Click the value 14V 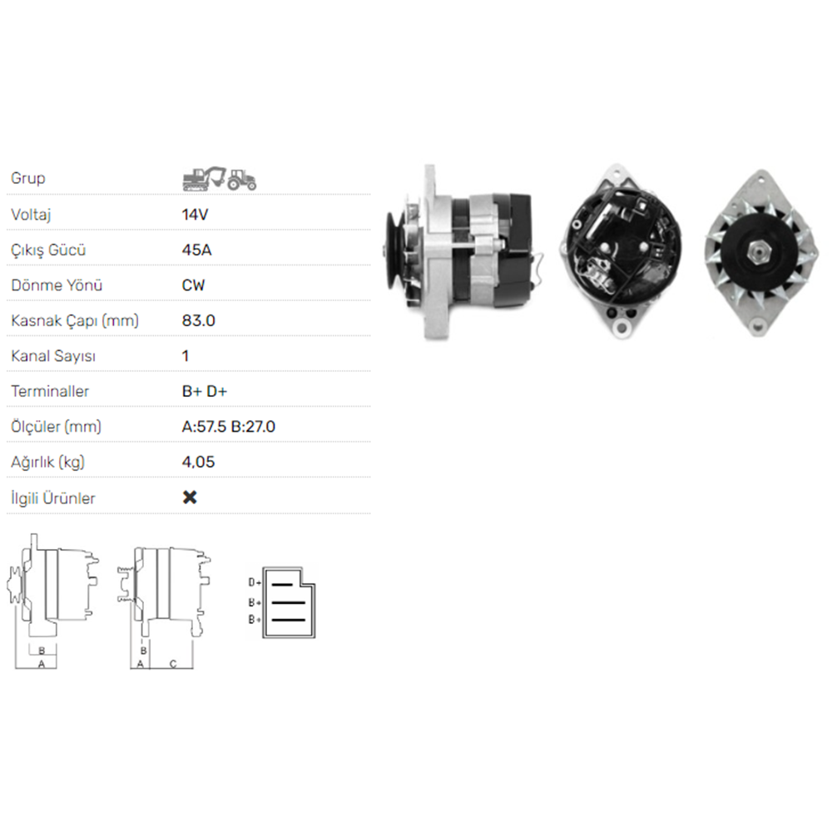pos(195,215)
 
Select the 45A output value pos(196,250)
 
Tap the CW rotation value pos(193,285)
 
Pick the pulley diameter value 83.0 pos(199,320)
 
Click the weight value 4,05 pos(199,462)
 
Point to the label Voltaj pos(31,215)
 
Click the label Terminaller pos(50,392)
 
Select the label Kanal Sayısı pos(53,356)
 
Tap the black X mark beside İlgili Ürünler pos(190,498)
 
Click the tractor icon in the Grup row pos(242,180)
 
